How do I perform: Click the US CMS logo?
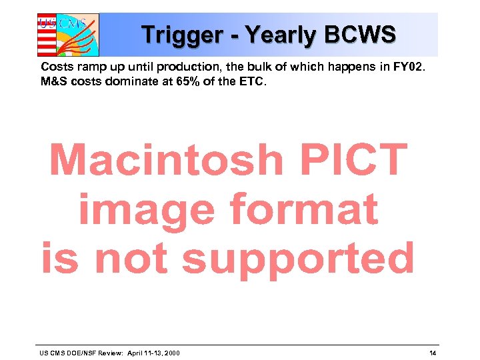(67, 34)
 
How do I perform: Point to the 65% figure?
(193, 83)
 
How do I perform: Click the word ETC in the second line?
(255, 83)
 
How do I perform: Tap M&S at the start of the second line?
(53, 83)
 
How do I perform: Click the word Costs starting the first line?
(56, 68)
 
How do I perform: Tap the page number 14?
(433, 353)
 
